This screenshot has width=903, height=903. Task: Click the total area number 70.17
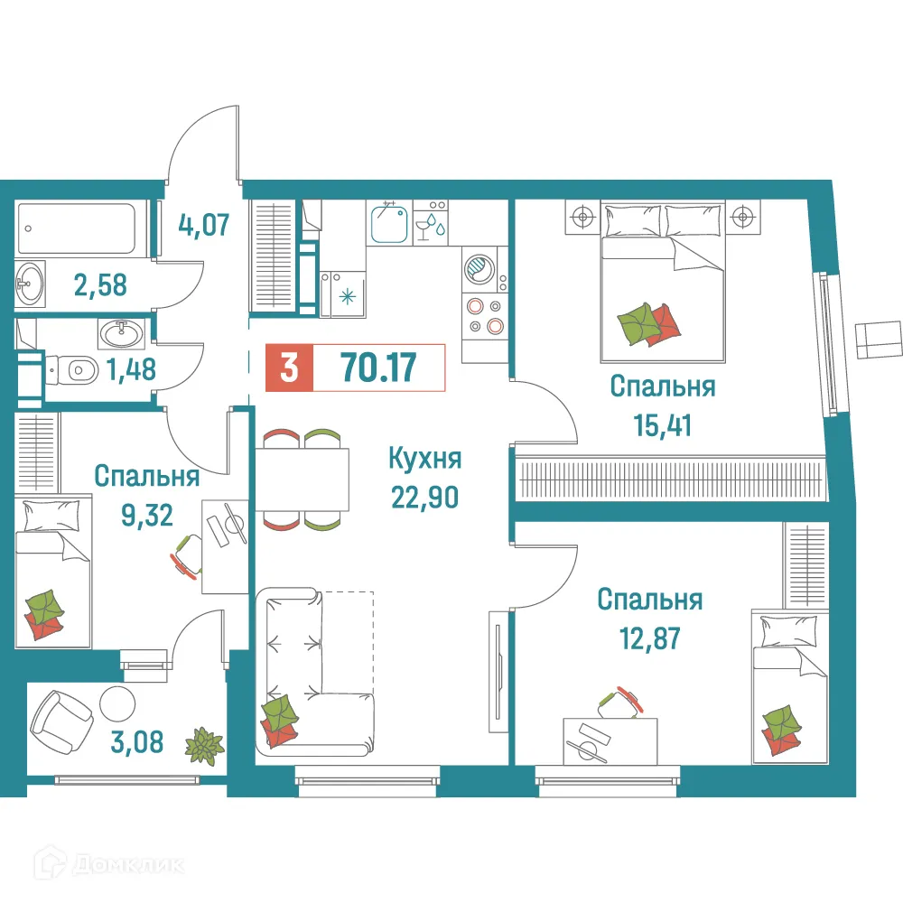tap(377, 368)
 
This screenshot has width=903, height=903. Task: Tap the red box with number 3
tap(289, 368)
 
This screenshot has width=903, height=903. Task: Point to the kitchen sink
tap(390, 223)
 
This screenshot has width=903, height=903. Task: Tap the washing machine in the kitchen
tap(478, 268)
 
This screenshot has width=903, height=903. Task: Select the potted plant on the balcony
tap(203, 745)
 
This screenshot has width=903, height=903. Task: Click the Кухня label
tap(424, 459)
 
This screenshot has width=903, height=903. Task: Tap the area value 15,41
tap(663, 423)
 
